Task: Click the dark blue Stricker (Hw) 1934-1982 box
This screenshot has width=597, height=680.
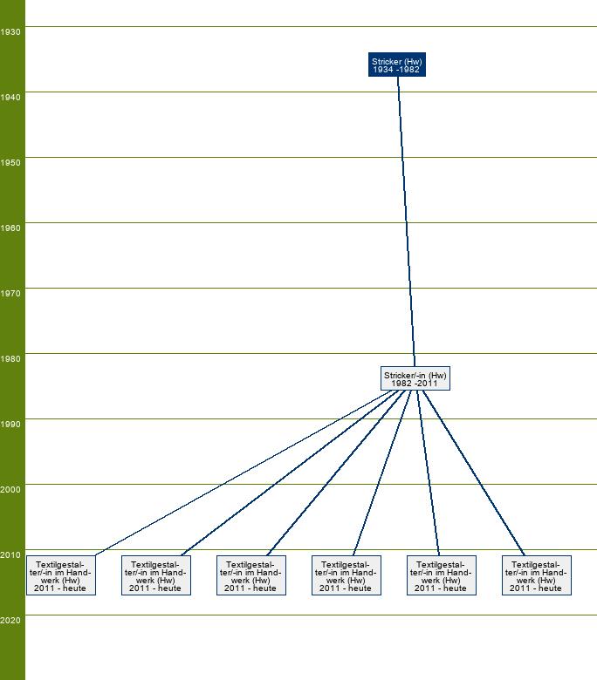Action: coord(397,65)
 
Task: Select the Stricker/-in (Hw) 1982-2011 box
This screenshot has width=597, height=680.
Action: coord(415,378)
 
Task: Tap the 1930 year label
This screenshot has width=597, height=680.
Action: coord(10,32)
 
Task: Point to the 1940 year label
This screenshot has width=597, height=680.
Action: coord(10,98)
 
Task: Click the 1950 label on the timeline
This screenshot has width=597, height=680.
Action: coord(10,163)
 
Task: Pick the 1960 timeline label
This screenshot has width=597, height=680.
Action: coord(10,228)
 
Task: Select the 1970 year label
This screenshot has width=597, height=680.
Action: coord(10,294)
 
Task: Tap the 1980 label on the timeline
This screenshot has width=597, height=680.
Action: coord(10,359)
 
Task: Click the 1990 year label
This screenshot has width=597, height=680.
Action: coord(10,425)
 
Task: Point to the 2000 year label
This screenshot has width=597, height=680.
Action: coord(10,490)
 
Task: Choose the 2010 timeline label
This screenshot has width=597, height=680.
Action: coord(10,555)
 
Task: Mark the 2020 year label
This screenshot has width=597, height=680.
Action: coord(10,621)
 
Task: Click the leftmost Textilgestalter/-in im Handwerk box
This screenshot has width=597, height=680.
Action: coord(61,575)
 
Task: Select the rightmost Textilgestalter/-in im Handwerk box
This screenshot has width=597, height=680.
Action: coord(537,575)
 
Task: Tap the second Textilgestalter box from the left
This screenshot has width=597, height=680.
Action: coord(156,575)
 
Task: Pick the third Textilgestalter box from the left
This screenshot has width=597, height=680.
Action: coord(251,575)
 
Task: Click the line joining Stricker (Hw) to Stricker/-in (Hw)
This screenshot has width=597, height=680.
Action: coord(407,221)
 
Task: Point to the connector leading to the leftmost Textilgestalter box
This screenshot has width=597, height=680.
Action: coord(243,473)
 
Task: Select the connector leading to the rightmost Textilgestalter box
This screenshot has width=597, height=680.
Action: coord(474,473)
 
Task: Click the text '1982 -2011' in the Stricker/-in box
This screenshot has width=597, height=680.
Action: coord(415,384)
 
